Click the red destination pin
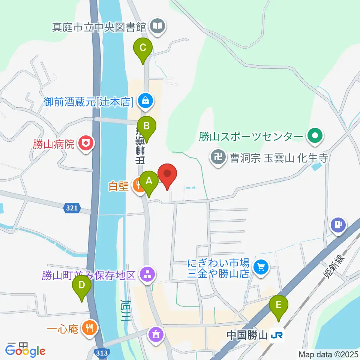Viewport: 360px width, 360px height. click(167, 175)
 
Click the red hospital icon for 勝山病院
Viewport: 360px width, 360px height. click(86, 144)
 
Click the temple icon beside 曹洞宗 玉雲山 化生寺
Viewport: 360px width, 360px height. click(217, 156)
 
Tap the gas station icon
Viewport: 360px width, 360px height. click(338, 225)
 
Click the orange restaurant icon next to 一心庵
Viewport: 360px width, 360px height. click(89, 328)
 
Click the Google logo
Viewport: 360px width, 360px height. click(25, 351)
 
